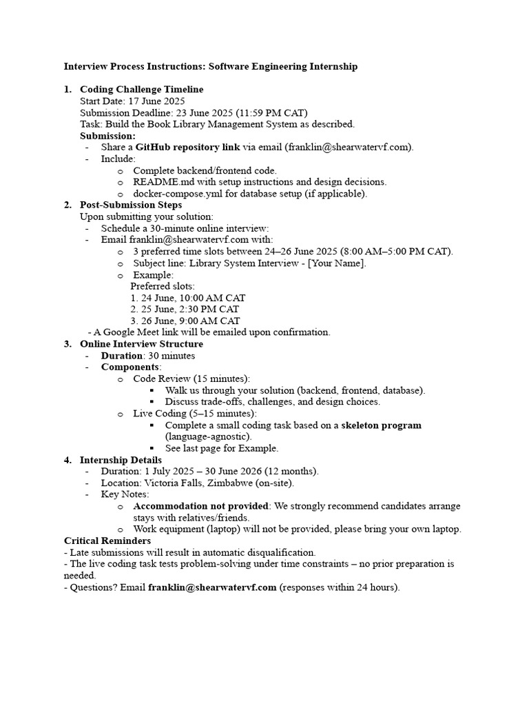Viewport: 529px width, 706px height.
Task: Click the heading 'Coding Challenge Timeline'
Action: pyautogui.click(x=141, y=90)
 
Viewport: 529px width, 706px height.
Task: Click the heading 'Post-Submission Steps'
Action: pyautogui.click(x=131, y=205)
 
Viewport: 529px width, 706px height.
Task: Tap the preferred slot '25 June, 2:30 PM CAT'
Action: pyautogui.click(x=190, y=310)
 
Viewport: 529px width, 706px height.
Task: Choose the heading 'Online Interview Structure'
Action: pyautogui.click(x=141, y=344)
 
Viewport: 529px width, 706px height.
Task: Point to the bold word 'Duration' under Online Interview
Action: pyautogui.click(x=122, y=356)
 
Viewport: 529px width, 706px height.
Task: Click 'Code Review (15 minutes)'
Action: pyautogui.click(x=191, y=379)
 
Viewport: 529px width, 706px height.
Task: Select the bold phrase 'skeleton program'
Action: pyautogui.click(x=381, y=425)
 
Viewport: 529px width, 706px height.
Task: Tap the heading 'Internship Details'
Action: pyautogui.click(x=121, y=460)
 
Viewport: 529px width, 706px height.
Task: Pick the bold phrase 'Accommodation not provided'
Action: pyautogui.click(x=200, y=506)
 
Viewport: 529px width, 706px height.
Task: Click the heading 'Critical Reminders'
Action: pyautogui.click(x=107, y=541)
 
